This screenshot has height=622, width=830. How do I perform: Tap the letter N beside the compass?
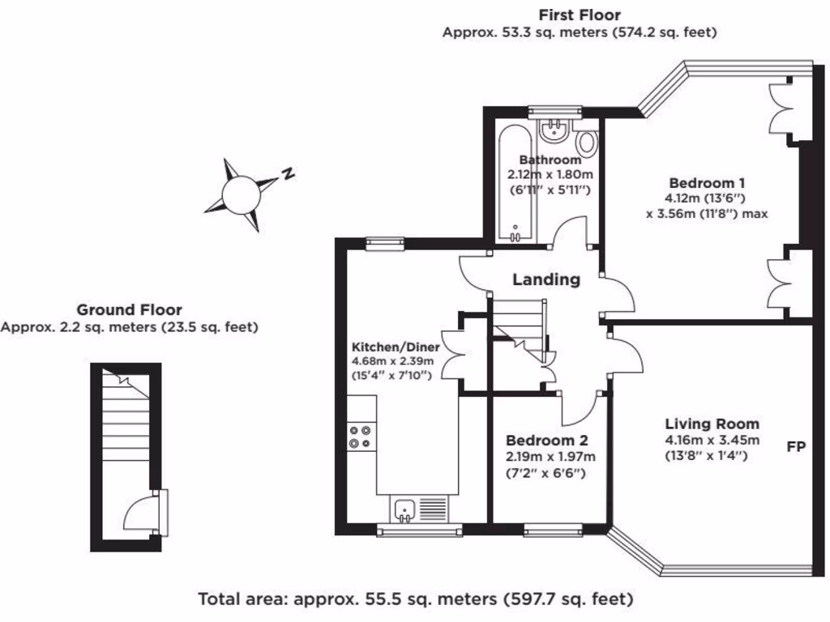pos(286,173)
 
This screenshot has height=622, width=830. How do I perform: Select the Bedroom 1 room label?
pos(707,182)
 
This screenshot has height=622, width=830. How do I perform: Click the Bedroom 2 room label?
pos(546,441)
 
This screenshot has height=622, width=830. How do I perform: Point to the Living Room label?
pos(712,424)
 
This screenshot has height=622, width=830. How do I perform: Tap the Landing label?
pos(546,279)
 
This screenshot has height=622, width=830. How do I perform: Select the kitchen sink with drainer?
pos(420,508)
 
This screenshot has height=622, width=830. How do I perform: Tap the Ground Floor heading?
pos(129,309)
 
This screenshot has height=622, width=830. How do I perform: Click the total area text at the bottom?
pos(416,599)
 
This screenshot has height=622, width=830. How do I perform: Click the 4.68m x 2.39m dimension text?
pos(393,361)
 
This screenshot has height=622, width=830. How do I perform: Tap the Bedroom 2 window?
pos(552,530)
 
